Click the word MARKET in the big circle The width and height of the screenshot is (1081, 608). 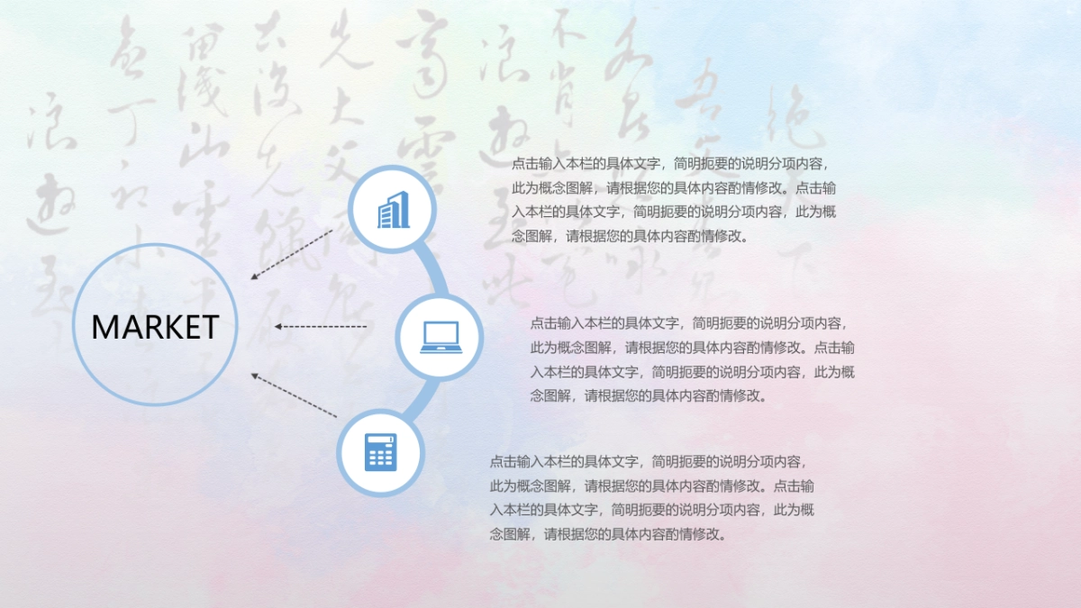155,327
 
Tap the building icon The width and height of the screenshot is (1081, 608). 393,211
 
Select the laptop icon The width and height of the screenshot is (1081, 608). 441,337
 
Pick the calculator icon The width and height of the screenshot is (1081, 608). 380,451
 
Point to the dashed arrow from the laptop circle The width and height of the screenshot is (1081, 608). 321,326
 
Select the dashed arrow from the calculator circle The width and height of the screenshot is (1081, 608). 294,395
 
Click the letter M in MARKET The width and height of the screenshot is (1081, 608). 104,327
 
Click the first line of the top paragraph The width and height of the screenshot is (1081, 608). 668,164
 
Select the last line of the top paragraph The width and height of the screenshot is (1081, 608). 630,237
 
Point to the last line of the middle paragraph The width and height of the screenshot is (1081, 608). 649,395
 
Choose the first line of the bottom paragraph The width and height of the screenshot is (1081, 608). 646,461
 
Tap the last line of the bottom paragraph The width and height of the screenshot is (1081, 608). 608,534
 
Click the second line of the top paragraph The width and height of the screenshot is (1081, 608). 674,188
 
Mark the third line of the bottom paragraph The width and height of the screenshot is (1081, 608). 651,510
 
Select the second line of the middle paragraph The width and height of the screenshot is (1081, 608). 692,347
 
